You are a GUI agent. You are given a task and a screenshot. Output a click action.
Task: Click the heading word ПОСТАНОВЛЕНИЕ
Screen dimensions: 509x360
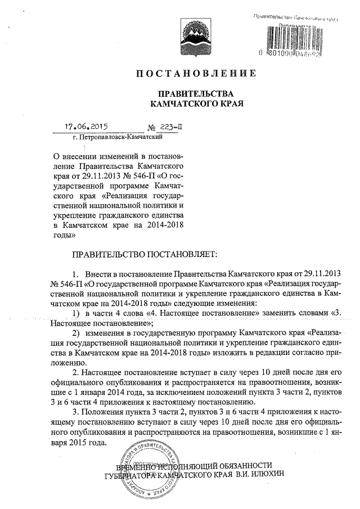[196, 74]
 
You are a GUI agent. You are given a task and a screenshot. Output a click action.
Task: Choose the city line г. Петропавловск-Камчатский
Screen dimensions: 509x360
[118, 136]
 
